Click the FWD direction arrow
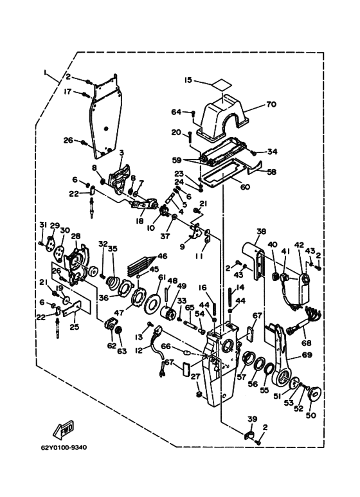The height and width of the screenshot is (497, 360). click(x=64, y=429)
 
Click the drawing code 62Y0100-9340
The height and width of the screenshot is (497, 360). click(x=64, y=447)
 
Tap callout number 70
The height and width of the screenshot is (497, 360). click(x=271, y=104)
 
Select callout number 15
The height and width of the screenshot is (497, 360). click(x=188, y=80)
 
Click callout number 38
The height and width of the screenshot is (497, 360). click(x=262, y=231)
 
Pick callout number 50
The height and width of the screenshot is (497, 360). click(x=311, y=415)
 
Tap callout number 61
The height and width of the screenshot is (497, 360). click(x=162, y=278)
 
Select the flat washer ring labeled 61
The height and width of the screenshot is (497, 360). click(x=152, y=298)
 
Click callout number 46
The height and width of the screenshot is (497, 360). click(x=162, y=256)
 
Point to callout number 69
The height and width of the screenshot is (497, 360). click(x=307, y=355)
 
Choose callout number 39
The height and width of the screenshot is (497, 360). click(x=253, y=419)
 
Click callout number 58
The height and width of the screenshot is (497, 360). click(x=271, y=172)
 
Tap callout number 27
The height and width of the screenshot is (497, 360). click(x=195, y=377)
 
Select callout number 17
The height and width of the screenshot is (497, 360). click(x=67, y=92)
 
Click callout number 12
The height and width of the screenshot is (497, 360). click(x=139, y=350)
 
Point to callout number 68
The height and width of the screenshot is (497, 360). click(x=307, y=343)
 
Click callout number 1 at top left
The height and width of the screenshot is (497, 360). click(x=45, y=73)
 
